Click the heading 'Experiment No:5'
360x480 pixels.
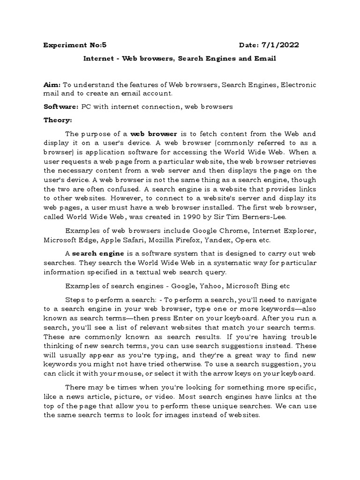pyautogui.click(x=75, y=45)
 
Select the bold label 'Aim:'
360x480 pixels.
pyautogui.click(x=52, y=85)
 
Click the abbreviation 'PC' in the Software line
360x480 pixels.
pyautogui.click(x=86, y=106)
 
